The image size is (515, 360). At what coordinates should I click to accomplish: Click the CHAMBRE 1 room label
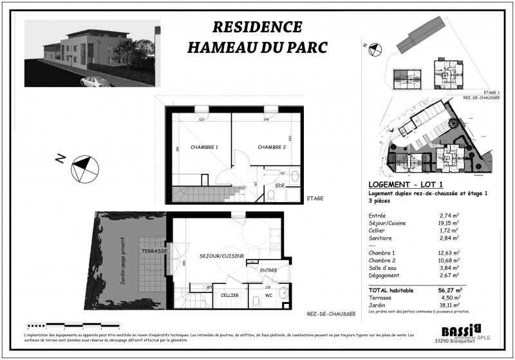(204, 147)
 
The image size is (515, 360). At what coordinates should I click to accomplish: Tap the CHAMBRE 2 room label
(272, 147)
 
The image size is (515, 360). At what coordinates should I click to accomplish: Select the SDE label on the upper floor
(280, 185)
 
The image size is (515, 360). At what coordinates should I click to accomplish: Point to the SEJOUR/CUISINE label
(222, 256)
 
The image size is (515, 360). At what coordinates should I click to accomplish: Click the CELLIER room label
(230, 295)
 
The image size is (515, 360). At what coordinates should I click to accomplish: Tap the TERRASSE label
(154, 251)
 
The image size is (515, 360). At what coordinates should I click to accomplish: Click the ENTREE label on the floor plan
(268, 270)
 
